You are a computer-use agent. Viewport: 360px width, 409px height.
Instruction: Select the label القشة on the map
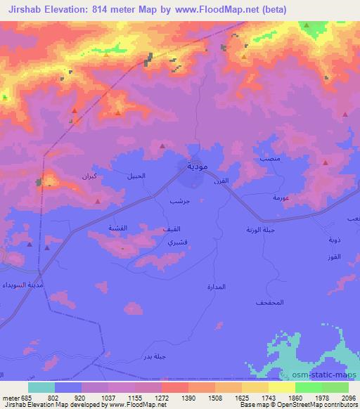(x=117, y=229)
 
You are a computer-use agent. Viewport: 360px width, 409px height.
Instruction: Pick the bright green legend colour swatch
(x=309, y=387)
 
